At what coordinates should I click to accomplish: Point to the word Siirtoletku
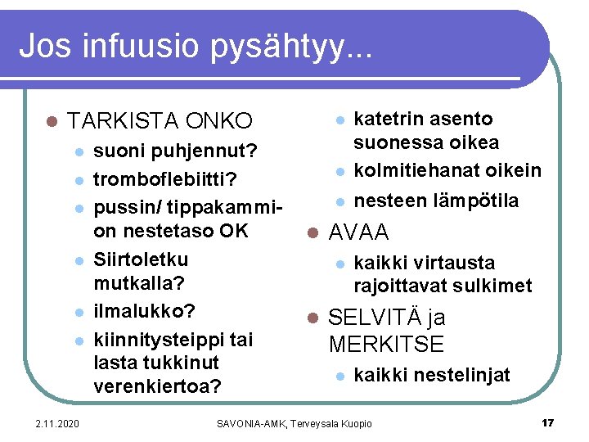coord(141,259)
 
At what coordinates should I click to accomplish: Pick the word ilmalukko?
coord(145,312)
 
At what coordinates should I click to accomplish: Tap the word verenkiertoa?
coord(158,386)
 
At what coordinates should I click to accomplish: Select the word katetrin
coord(387,119)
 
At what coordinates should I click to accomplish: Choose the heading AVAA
coord(358,232)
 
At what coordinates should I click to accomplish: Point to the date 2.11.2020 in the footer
coord(57,423)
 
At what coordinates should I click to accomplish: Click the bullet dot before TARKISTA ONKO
coord(51,122)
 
